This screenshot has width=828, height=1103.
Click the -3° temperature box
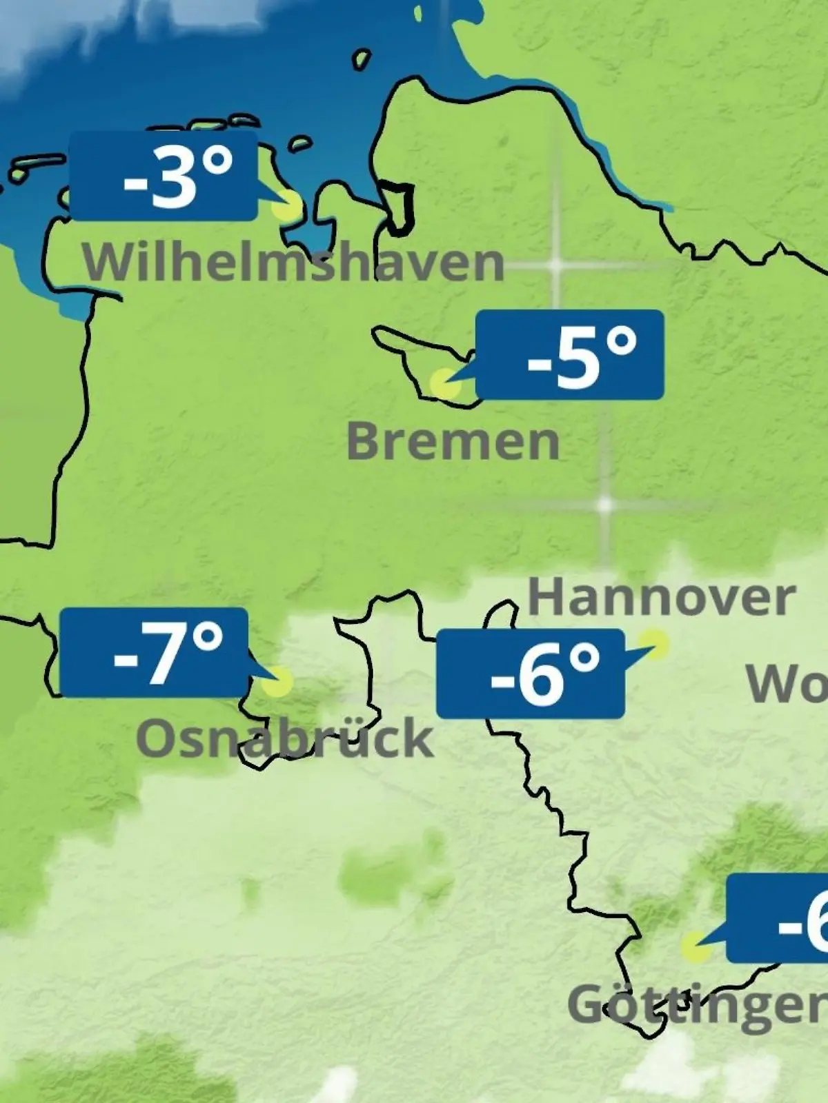point(164,176)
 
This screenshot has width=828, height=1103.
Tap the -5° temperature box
point(570,355)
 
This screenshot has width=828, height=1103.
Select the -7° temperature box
point(154,652)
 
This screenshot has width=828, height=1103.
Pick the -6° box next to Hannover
point(530,674)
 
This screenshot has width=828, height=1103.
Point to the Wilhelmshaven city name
point(294,263)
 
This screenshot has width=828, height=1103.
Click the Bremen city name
point(453,441)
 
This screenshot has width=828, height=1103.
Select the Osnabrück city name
point(284,738)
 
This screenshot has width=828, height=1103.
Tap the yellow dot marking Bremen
point(444,383)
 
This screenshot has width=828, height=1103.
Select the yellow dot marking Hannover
point(655,644)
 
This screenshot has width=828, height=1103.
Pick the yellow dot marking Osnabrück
point(278,682)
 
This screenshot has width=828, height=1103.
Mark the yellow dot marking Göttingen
point(695,948)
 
